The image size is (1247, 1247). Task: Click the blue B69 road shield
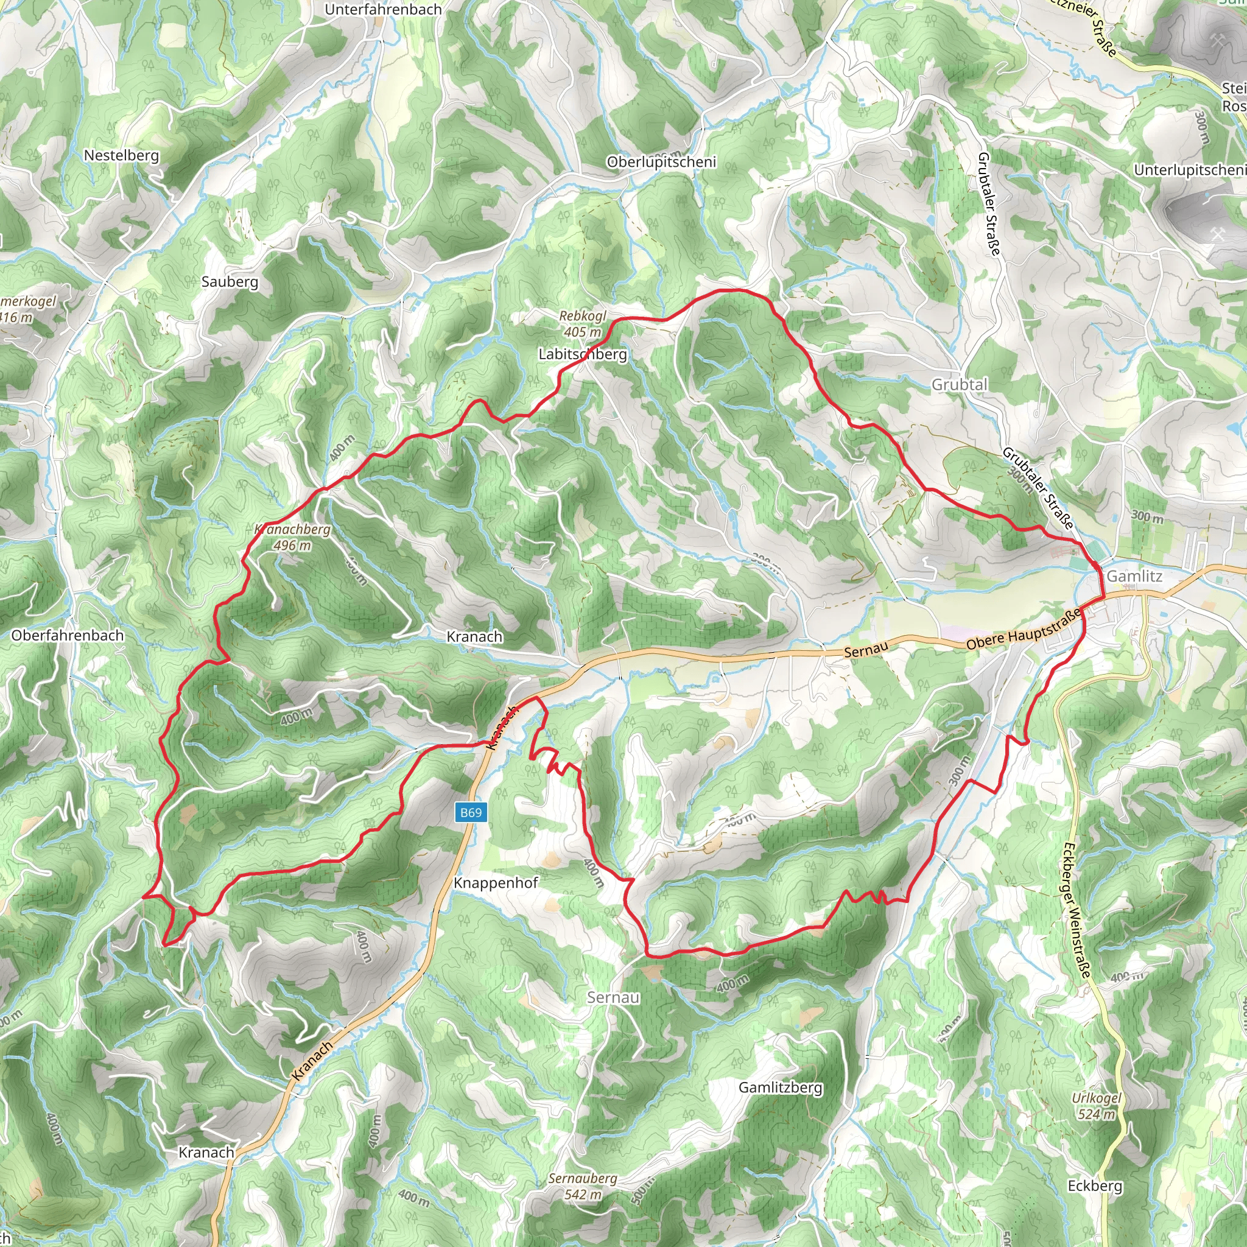(471, 813)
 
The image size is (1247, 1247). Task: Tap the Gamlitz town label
(1134, 576)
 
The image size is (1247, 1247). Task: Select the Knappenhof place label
(496, 883)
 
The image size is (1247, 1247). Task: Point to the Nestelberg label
(121, 155)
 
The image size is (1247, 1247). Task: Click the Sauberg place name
(230, 281)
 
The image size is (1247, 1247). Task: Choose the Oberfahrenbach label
(68, 635)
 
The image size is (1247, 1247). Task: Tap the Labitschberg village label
(583, 354)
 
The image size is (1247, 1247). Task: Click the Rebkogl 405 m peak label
(583, 324)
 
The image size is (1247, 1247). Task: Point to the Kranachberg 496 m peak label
(292, 537)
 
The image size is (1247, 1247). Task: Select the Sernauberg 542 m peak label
(583, 1186)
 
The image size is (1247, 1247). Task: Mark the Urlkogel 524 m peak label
(1097, 1106)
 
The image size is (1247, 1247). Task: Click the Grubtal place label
(959, 385)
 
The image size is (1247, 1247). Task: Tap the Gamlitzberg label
(781, 1087)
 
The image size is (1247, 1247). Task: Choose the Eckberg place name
(1095, 1186)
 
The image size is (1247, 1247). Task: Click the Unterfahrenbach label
(384, 10)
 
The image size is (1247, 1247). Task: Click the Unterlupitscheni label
(1190, 170)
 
